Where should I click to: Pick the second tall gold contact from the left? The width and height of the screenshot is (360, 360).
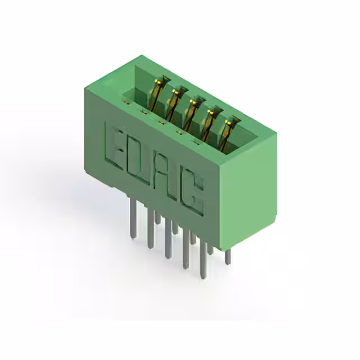[x=176, y=103]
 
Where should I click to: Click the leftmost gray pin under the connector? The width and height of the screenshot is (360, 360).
[x=133, y=218]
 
